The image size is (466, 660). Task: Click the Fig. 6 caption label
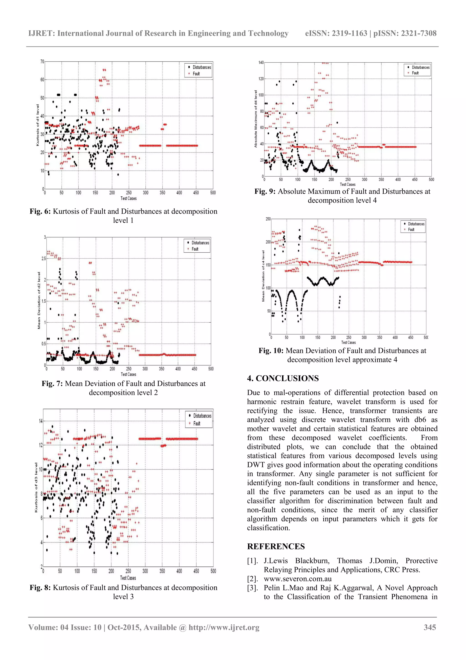click(x=40, y=211)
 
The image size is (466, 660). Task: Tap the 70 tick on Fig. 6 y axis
click(x=42, y=62)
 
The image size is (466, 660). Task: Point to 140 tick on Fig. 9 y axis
click(x=261, y=62)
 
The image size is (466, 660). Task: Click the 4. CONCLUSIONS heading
click(x=283, y=378)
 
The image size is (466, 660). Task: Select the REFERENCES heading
click(x=276, y=547)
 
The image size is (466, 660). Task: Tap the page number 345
click(x=430, y=627)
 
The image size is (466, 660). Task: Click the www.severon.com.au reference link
click(x=297, y=579)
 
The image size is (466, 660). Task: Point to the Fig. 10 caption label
click(x=271, y=351)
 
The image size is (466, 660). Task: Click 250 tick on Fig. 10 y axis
click(x=268, y=219)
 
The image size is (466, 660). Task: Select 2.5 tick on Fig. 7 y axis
click(x=44, y=258)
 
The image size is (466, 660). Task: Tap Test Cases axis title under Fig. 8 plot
click(x=128, y=578)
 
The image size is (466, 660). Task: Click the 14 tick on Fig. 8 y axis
click(x=41, y=421)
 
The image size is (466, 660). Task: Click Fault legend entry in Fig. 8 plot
click(x=197, y=424)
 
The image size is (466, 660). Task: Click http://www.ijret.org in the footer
click(x=224, y=627)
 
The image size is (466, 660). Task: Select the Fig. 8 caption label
click(x=40, y=588)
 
